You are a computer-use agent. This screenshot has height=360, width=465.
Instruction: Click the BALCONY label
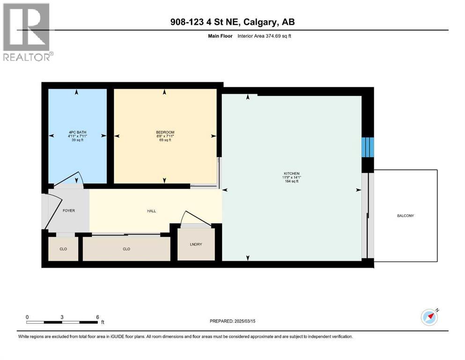(x=406, y=216)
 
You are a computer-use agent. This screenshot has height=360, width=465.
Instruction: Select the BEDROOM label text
(x=165, y=133)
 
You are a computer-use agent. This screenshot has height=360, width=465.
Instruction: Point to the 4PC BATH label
(x=78, y=133)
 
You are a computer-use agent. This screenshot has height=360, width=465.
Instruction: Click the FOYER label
(x=69, y=210)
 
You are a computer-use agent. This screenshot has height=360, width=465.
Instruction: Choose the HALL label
(x=151, y=211)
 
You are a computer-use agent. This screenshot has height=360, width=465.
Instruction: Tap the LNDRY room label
(x=196, y=244)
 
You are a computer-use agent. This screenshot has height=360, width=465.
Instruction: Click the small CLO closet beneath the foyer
(x=63, y=249)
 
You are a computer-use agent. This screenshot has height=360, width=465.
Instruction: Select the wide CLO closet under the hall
(x=126, y=249)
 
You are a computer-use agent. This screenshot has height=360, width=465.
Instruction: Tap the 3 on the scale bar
(x=62, y=317)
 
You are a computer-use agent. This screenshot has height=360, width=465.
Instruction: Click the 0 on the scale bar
(x=27, y=317)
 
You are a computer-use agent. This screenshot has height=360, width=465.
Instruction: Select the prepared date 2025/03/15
(x=251, y=321)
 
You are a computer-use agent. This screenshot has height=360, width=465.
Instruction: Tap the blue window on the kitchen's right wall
(x=368, y=147)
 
